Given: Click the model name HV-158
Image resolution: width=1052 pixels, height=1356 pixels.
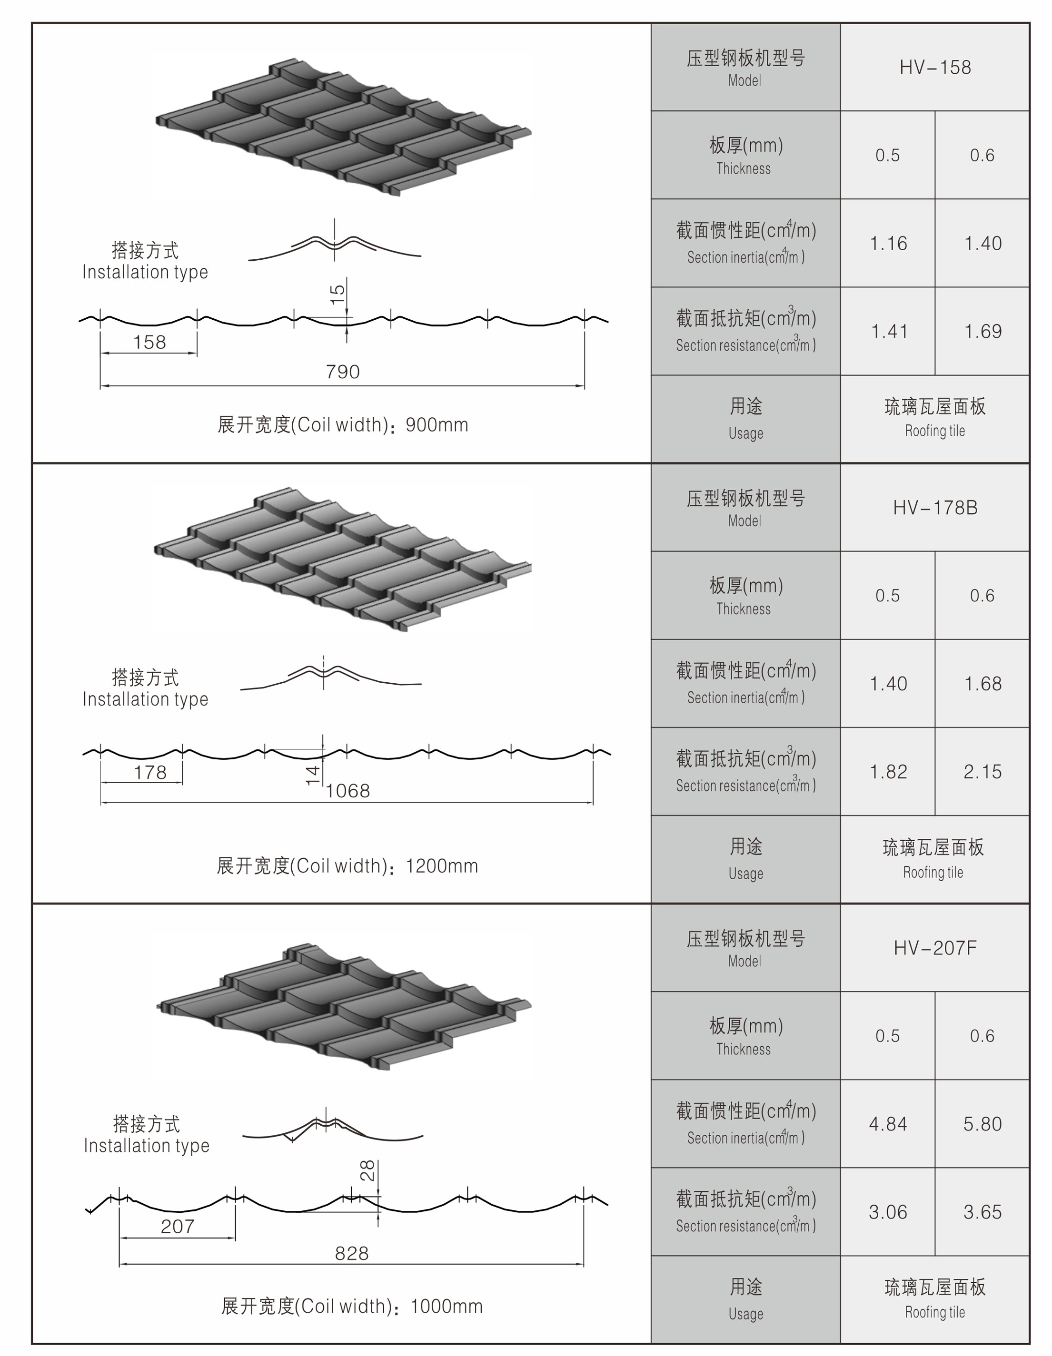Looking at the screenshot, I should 934,67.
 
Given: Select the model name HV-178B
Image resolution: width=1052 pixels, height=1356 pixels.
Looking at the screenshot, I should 934,507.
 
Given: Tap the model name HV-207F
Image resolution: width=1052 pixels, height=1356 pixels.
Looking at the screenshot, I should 934,947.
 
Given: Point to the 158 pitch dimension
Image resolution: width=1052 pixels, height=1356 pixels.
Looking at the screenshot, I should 149,342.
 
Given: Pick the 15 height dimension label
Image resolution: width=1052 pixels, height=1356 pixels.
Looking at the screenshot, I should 337,294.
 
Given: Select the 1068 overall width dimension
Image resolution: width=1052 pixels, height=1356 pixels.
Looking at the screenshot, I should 348,790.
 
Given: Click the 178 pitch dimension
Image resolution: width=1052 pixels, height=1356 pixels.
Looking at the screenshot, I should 150,772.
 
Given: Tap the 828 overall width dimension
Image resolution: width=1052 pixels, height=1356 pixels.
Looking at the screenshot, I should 351,1253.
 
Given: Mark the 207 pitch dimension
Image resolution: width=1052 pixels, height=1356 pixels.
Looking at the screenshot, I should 178,1226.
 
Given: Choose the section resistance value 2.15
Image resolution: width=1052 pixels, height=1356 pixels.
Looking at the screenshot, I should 983,772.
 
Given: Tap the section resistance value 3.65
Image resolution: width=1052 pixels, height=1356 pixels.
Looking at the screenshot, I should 983,1212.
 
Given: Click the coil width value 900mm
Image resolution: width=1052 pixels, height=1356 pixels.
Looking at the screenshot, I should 437,425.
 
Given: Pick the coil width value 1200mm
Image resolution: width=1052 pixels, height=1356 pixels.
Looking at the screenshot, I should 442,866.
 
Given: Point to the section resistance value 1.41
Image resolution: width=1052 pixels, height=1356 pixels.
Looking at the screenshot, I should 889,332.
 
